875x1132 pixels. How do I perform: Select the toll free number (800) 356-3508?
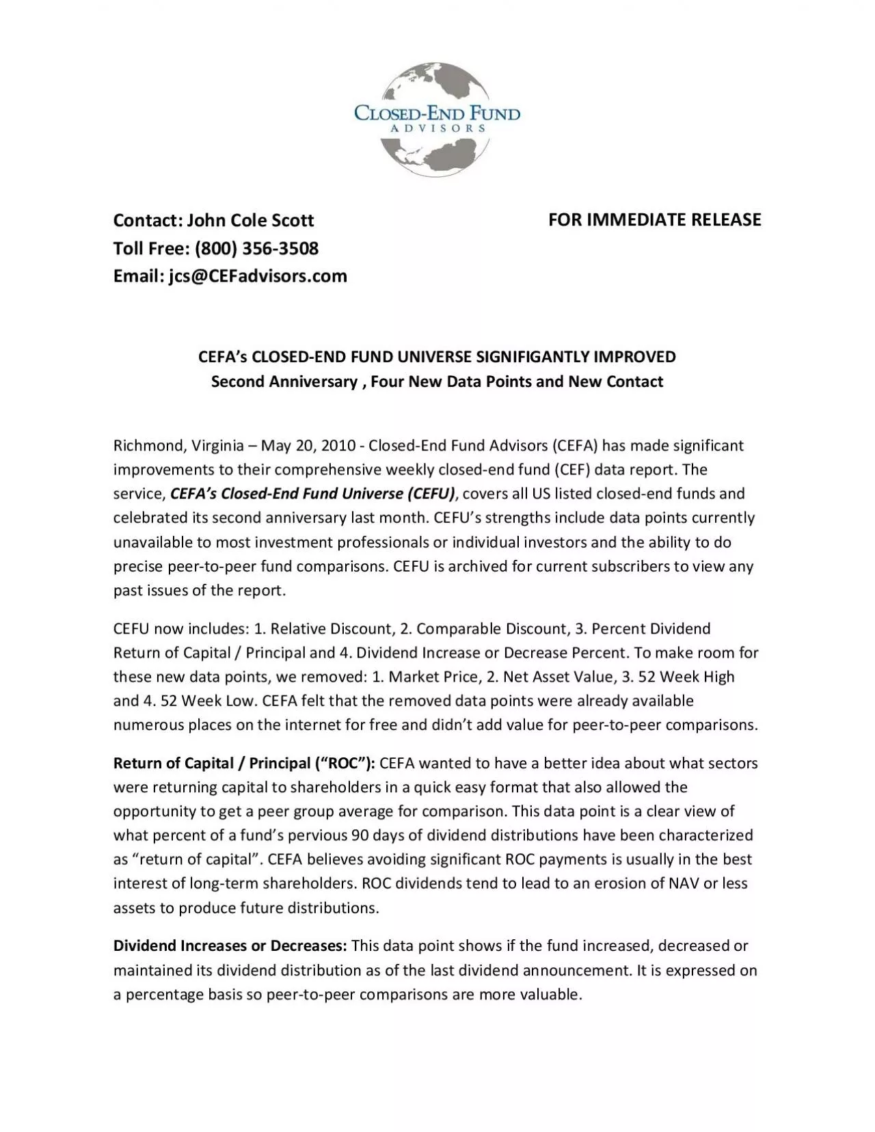pos(256,248)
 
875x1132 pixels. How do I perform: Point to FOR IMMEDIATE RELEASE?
pos(655,219)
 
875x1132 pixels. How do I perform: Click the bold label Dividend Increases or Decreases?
pos(230,946)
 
